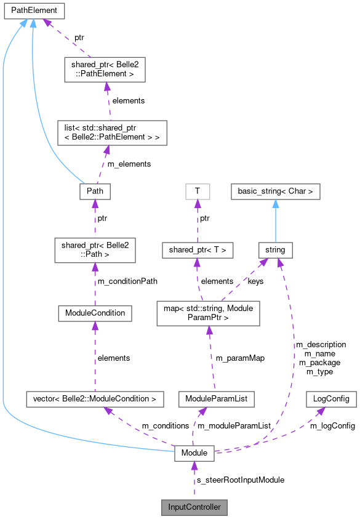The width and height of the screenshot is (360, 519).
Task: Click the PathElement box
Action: tap(34, 10)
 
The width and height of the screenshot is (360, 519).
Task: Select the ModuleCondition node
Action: tap(95, 313)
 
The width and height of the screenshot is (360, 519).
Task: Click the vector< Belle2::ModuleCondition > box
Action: tap(95, 399)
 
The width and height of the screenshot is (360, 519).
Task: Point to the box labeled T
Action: tap(197, 191)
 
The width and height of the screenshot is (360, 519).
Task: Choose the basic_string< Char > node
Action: tap(276, 191)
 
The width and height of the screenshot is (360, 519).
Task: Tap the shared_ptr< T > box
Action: tap(197, 250)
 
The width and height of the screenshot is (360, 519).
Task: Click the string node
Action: tap(276, 250)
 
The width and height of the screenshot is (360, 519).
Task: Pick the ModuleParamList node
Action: tap(216, 399)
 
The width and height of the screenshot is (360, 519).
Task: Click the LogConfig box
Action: tap(331, 399)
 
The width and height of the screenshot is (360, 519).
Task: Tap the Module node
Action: tap(194, 454)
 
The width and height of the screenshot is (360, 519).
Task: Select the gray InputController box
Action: tap(194, 507)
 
